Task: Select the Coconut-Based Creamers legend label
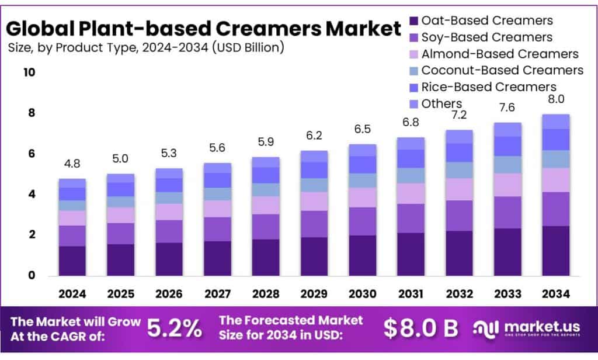502,70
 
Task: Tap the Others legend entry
441,103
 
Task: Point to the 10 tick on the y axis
29,72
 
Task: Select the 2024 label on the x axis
72,293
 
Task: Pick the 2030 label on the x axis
362,293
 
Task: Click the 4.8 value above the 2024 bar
72,165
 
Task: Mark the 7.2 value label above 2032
459,115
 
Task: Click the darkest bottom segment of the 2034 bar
555,251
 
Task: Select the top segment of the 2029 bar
314,156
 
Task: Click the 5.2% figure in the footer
173,328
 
